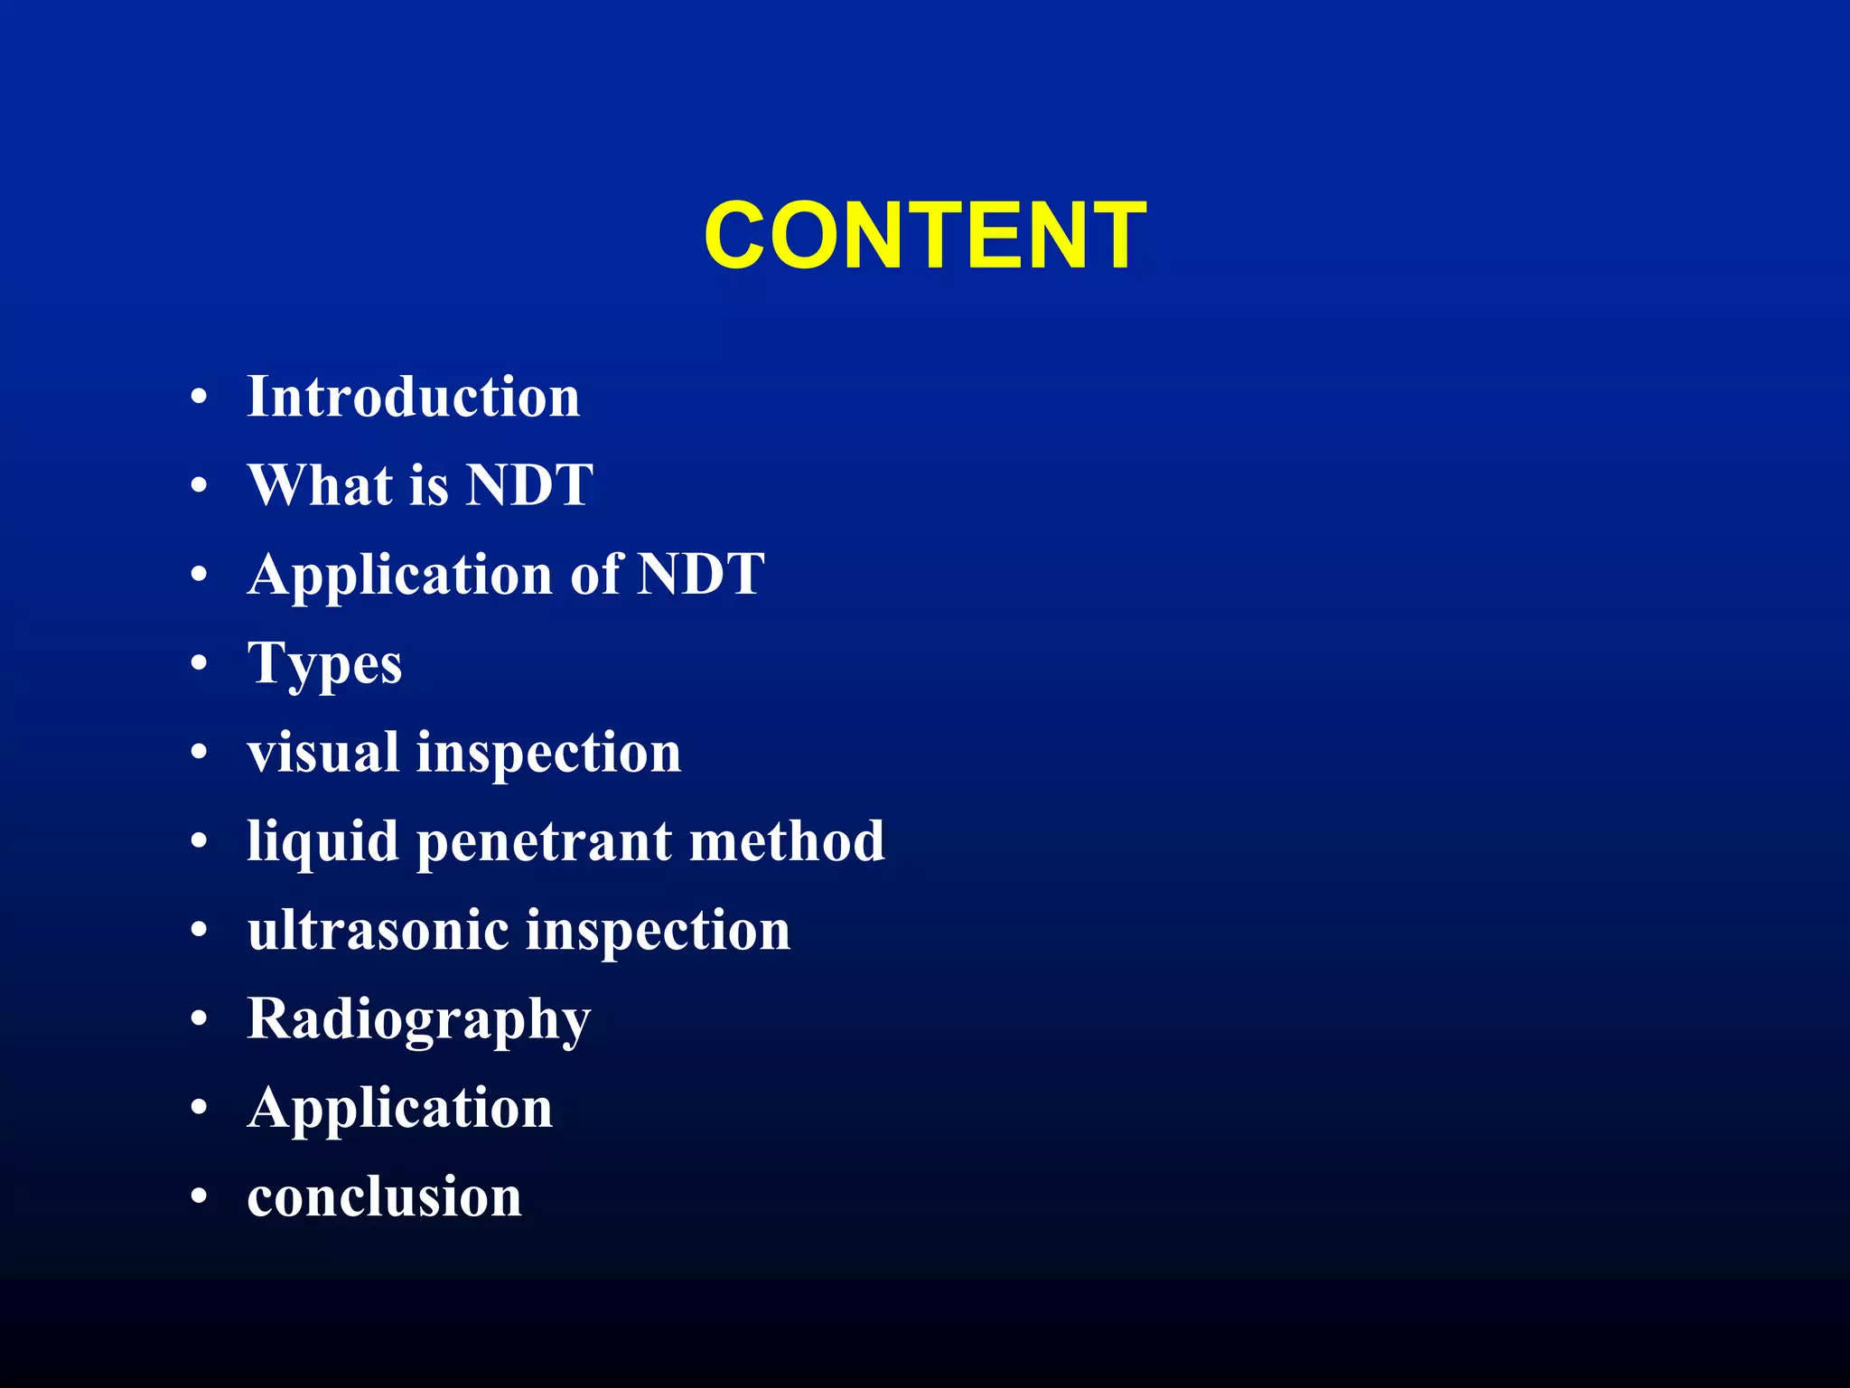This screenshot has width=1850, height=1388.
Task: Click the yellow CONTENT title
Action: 925,236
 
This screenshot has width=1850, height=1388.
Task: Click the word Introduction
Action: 413,397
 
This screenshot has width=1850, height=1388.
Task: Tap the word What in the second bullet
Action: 321,485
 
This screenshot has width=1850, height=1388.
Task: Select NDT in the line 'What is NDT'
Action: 529,485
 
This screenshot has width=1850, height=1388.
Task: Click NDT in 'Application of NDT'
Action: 701,574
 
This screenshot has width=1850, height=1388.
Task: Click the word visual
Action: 323,752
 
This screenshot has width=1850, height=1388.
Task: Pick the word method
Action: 787,840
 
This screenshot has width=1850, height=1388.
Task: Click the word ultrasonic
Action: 378,930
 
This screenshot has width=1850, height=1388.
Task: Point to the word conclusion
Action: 384,1197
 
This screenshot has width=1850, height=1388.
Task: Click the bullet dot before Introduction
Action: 200,398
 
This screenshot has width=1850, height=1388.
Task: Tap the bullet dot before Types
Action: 200,664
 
